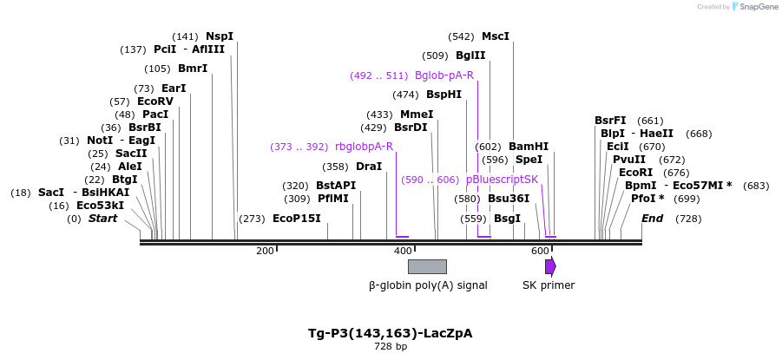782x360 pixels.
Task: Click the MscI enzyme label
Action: (496, 36)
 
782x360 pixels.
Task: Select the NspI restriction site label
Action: (220, 36)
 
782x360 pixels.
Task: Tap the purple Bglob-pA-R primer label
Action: (444, 75)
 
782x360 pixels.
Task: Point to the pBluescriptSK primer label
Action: (502, 180)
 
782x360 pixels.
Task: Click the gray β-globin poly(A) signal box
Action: (427, 266)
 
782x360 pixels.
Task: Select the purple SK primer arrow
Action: (550, 266)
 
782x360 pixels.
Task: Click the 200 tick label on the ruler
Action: (265, 251)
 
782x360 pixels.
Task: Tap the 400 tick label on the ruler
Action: (403, 251)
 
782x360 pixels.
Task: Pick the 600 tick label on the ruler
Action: (540, 251)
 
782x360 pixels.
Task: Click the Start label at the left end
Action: (102, 219)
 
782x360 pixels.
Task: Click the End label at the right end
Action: (653, 219)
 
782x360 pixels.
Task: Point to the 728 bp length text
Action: (391, 347)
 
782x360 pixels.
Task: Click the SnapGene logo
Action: (756, 7)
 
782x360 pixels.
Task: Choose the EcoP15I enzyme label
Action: (297, 219)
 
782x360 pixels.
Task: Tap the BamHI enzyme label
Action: (529, 147)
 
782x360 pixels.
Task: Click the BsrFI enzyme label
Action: (610, 121)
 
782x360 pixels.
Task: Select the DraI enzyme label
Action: (369, 167)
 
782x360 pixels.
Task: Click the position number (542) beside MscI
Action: (461, 36)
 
